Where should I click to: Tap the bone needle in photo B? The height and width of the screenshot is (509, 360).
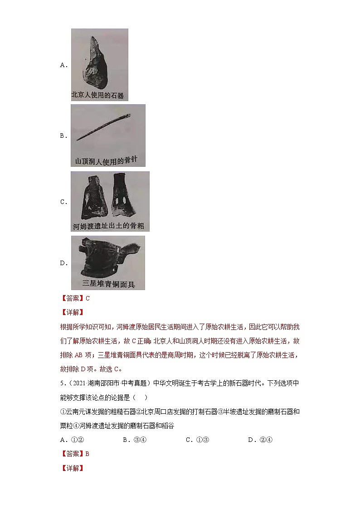coord(103,127)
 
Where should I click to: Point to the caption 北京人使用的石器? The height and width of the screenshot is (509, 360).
coord(98,95)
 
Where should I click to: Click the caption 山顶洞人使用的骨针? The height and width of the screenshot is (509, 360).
coord(106,160)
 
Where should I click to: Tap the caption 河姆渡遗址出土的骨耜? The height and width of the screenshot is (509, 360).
coord(108,226)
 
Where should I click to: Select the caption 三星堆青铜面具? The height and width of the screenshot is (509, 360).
coord(108,284)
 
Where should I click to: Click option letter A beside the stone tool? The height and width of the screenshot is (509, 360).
coord(63,65)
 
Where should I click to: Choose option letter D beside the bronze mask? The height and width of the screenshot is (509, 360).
coord(63,263)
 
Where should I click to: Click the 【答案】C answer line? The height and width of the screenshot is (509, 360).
coord(75,298)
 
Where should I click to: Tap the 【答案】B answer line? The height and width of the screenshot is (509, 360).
coord(75,454)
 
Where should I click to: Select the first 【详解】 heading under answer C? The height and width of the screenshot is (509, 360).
coord(72,312)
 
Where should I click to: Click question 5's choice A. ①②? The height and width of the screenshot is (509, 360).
coord(72,440)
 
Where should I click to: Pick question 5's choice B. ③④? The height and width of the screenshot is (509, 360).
coord(135,440)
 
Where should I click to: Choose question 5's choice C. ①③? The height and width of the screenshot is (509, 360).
coord(197,440)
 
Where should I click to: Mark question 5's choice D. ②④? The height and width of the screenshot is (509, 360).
coord(260,440)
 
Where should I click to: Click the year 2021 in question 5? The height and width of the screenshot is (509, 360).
coord(79,383)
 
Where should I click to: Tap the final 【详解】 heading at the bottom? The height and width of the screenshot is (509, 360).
coord(72,468)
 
